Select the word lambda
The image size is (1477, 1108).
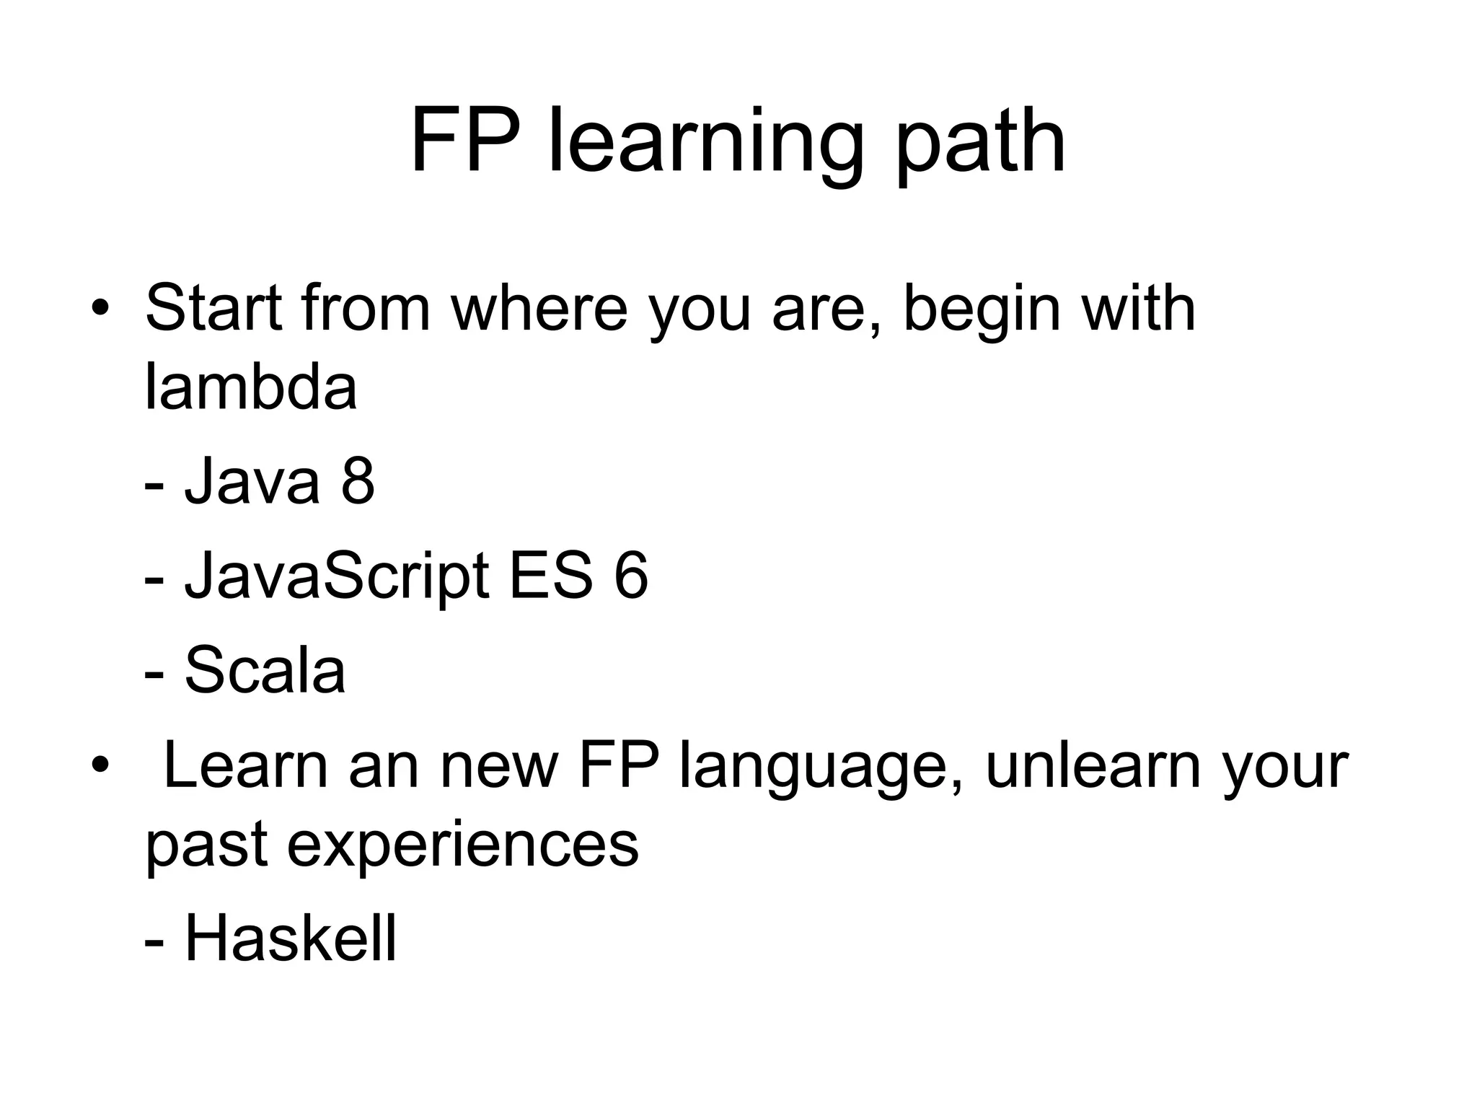click(251, 387)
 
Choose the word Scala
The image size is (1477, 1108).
click(265, 671)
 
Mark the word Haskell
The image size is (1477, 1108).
click(291, 938)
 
